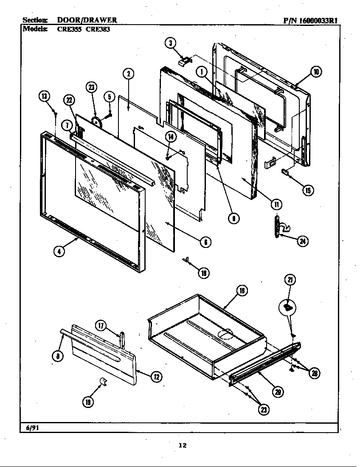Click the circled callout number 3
170,43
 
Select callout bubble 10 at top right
315,72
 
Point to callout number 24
302,241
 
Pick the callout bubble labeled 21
291,279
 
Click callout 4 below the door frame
59,251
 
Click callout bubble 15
308,190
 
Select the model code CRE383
98,30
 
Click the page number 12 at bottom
182,445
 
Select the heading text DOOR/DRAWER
87,20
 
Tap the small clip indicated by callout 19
102,381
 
